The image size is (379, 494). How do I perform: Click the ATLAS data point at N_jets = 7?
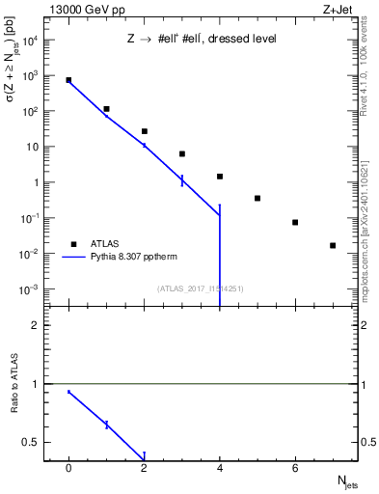[x=333, y=245]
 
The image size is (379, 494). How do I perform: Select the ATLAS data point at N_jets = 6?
[x=295, y=222]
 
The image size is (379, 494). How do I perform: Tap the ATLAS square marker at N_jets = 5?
[x=257, y=198]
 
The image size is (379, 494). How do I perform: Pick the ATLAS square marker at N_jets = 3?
[x=181, y=153]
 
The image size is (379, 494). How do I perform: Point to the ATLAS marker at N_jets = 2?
[x=144, y=131]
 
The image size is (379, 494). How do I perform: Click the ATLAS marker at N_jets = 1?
[x=106, y=109]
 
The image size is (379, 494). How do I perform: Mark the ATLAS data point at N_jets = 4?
[x=220, y=177]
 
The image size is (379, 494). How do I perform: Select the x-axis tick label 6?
[x=295, y=468]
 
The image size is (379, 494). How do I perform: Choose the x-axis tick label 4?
[x=220, y=468]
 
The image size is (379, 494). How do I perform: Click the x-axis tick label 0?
[x=68, y=468]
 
